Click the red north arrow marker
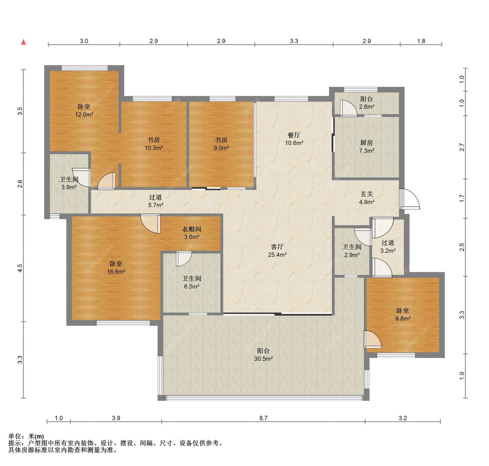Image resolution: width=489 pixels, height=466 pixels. coord(24,42)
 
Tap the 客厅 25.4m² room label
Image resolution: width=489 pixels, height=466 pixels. coord(277,250)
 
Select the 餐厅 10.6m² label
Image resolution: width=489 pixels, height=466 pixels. coord(294,139)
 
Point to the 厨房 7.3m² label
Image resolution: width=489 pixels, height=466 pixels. coord(367,147)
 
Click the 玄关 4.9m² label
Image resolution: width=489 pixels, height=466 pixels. coord(367,198)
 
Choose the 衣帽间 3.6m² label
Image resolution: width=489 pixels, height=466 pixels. coord(192,233)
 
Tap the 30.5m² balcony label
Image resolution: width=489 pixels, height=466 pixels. coord(263,355)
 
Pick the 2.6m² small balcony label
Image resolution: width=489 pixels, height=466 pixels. coord(367,103)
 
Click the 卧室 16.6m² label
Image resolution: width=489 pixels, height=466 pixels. coord(116,268)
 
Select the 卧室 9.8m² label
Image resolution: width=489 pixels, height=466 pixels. coord(403,314)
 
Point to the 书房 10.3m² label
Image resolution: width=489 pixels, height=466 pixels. coord(154,144)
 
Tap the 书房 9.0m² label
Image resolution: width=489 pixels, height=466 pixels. coord(221,144)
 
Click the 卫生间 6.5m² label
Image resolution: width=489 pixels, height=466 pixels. coord(192,282)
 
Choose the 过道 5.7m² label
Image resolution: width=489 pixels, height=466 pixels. coord(156,201)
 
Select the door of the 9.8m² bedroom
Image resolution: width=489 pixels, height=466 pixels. coord(372,339)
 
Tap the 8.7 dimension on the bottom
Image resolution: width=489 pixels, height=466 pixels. coord(263,418)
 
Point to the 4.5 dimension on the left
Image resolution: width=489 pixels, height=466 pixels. coord(20,268)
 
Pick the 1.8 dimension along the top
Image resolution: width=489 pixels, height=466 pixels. coord(421,41)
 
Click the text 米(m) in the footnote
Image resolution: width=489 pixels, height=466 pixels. coord(36,436)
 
